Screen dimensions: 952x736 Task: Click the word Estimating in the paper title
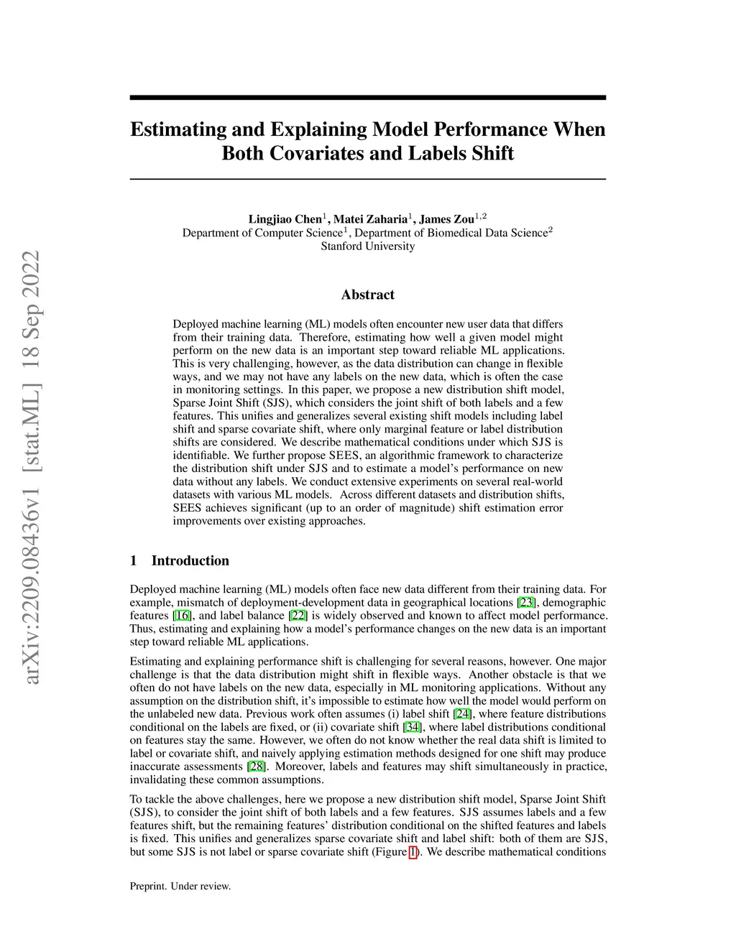175,130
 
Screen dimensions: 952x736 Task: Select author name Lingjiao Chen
285,219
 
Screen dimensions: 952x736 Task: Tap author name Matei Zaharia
370,219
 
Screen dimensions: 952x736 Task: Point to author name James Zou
446,219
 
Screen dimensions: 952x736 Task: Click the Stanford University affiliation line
367,246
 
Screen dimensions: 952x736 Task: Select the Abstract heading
367,295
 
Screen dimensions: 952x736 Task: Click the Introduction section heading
190,561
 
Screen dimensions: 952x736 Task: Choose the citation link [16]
182,616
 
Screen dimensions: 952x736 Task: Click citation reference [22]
298,616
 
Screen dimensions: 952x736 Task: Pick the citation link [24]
463,714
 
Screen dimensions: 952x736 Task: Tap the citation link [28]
256,767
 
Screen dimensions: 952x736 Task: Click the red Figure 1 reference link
413,852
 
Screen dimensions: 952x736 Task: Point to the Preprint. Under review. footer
180,887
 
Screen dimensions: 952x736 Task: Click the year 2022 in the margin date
31,274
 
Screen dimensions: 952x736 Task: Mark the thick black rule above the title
367,98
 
